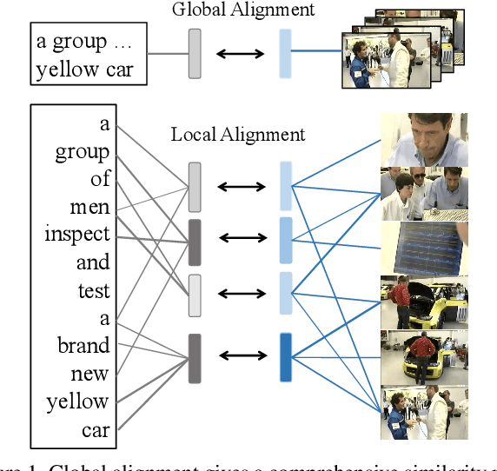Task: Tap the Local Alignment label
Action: click(238, 134)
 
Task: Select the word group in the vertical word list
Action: click(83, 152)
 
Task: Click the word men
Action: click(90, 207)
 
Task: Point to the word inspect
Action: click(77, 235)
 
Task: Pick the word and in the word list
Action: click(93, 262)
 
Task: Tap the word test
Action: click(94, 290)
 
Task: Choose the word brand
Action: click(83, 345)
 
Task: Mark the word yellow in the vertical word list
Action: click(77, 401)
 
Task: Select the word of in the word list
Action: click(100, 179)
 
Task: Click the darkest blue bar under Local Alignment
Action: click(286, 356)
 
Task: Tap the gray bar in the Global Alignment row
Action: click(194, 51)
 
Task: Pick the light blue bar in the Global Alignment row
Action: click(285, 51)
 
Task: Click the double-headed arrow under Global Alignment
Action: click(240, 52)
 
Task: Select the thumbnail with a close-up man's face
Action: click(424, 140)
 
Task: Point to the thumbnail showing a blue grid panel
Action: click(424, 248)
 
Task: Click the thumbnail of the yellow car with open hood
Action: click(424, 301)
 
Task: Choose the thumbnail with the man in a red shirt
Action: click(424, 356)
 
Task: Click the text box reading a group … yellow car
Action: click(85, 55)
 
